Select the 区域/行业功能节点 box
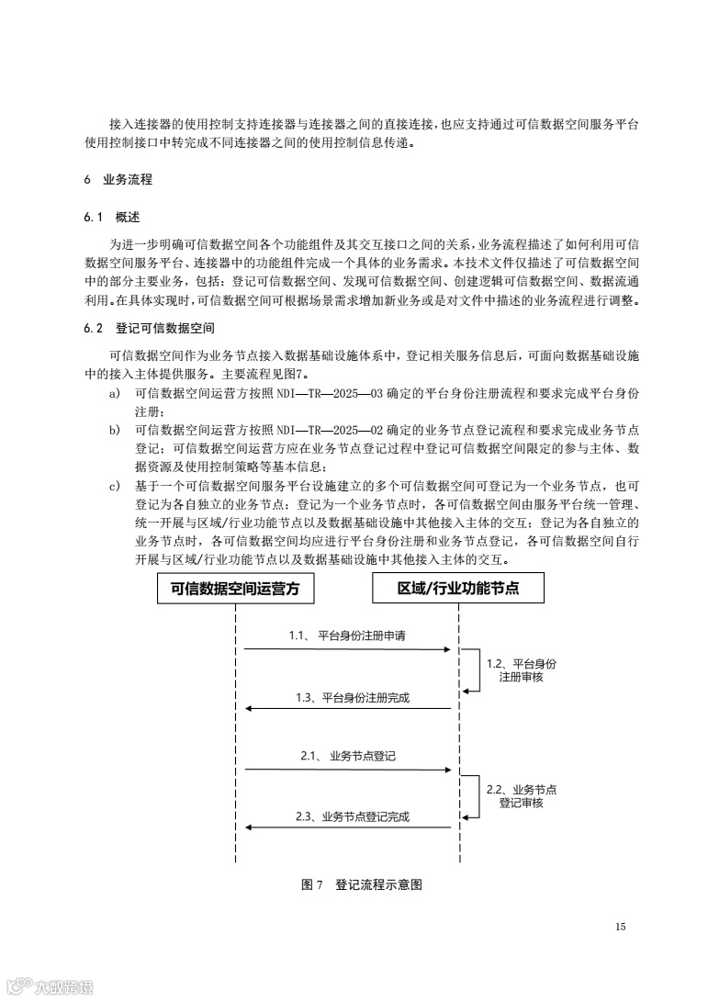[x=458, y=589]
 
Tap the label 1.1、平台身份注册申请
[x=347, y=635]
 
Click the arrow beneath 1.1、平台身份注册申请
[x=347, y=649]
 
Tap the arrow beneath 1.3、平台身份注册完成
[x=347, y=708]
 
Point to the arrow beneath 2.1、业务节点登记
[x=347, y=770]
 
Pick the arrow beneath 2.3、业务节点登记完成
[x=347, y=827]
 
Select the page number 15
[x=621, y=927]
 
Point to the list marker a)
[x=115, y=392]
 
